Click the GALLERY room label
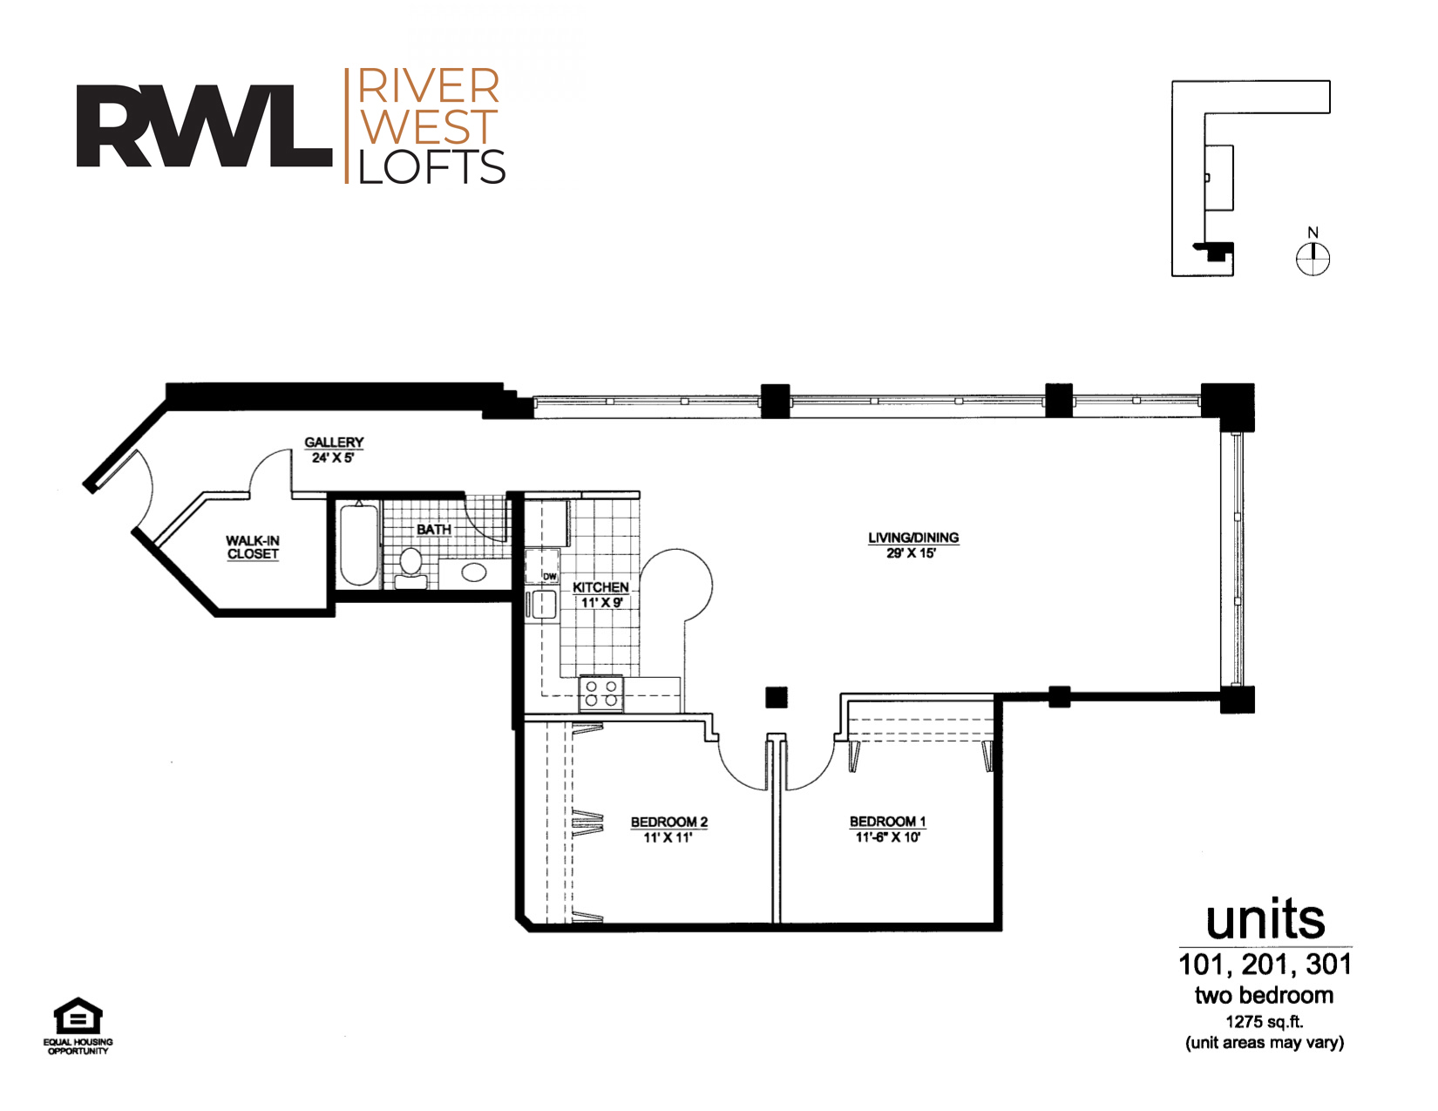(334, 442)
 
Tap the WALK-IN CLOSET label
(253, 547)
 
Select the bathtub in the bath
(359, 544)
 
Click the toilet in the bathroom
(411, 568)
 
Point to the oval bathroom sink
(474, 572)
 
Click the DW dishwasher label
(550, 576)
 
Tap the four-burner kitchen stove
(600, 694)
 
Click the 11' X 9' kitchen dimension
(600, 603)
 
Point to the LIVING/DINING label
(913, 538)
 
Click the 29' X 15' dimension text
(912, 553)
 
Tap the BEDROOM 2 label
(669, 822)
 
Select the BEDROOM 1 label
(887, 821)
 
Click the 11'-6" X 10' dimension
(887, 837)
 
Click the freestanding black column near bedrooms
(777, 697)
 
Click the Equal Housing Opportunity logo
(78, 1026)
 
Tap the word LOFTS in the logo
(431, 166)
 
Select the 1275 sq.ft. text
(1264, 1021)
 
